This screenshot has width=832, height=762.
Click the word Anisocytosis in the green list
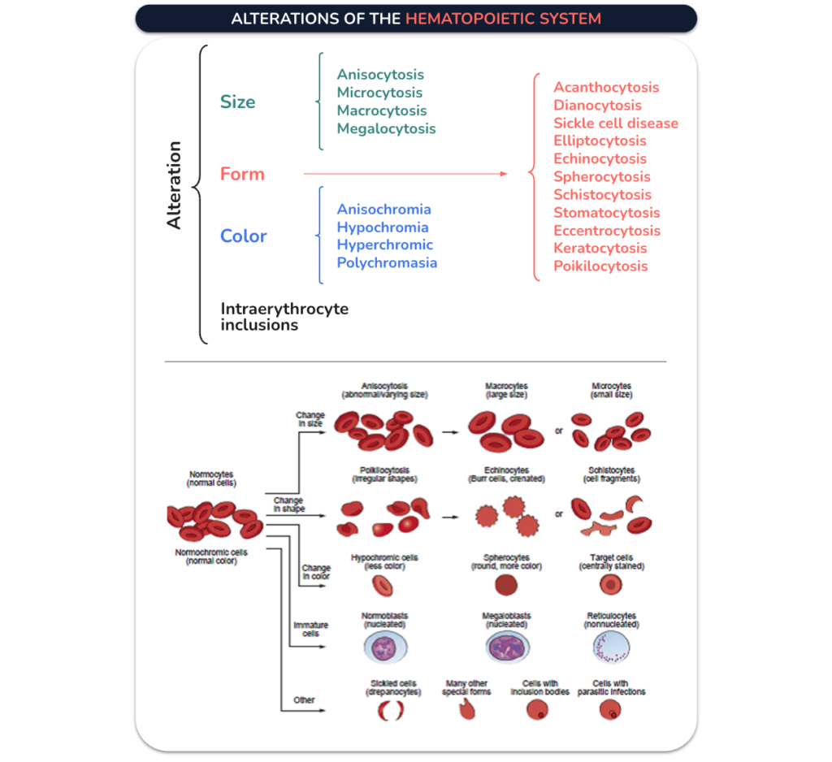(x=380, y=75)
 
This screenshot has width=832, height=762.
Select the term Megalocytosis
(x=386, y=129)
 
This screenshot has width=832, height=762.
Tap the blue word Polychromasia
(x=387, y=263)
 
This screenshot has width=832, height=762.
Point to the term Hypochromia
(x=383, y=227)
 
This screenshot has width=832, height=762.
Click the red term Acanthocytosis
(x=606, y=88)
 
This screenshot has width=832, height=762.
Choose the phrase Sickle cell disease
(x=616, y=123)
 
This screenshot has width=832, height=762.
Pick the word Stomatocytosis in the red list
(x=606, y=213)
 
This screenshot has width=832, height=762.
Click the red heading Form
(x=242, y=174)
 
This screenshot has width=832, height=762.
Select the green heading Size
(x=238, y=102)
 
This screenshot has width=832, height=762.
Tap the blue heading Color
(x=244, y=236)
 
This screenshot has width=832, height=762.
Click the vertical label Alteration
(x=174, y=185)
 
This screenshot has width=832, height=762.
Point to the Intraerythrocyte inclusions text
(x=284, y=317)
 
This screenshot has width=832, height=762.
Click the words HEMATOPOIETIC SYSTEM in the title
(x=503, y=19)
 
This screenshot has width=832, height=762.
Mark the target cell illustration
(x=611, y=585)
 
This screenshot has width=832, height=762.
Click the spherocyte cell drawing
(x=505, y=585)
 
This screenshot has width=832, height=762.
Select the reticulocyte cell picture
(x=611, y=648)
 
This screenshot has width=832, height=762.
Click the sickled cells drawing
(x=391, y=711)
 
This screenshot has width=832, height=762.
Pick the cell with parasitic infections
(x=610, y=710)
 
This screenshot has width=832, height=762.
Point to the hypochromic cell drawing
(x=383, y=586)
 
